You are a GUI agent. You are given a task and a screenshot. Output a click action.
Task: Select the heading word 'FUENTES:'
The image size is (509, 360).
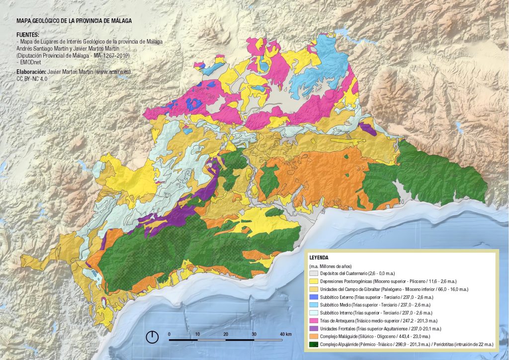(28, 35)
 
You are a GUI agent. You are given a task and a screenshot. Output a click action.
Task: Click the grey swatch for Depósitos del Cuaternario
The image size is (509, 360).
(313, 273)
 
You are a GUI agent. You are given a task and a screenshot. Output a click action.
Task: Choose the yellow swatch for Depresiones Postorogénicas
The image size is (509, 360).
(313, 281)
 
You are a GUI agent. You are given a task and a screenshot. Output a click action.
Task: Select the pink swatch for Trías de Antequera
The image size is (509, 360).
(313, 321)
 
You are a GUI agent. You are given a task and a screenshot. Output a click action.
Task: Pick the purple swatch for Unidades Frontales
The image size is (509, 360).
(313, 329)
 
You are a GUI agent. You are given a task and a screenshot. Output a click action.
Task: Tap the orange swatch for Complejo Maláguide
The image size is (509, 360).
(313, 337)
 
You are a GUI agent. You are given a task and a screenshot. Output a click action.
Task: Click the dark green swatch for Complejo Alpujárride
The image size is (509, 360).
(313, 345)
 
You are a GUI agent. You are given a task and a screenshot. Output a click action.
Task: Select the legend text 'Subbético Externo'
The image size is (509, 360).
(337, 297)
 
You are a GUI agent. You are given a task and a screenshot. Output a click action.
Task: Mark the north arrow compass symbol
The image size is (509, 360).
(152, 337)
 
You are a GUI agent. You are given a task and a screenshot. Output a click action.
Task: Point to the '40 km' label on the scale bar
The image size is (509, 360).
(285, 334)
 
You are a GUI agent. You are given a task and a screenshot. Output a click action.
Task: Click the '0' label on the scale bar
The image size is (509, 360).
(169, 334)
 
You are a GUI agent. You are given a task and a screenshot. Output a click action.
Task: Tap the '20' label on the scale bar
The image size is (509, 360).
(226, 334)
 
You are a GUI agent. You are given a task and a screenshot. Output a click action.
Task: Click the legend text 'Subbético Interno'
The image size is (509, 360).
(337, 313)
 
